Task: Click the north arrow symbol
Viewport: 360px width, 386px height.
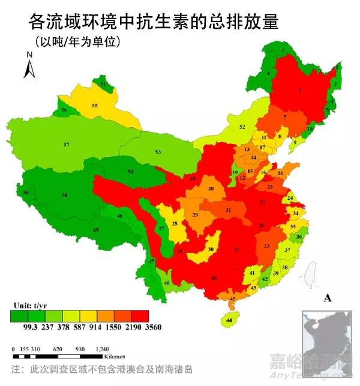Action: coord(28,65)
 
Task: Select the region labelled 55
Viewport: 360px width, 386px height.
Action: coord(94,105)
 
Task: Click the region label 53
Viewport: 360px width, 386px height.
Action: coord(158,152)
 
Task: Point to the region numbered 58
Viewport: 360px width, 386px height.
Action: coord(64,195)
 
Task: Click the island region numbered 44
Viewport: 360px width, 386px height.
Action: coord(230,320)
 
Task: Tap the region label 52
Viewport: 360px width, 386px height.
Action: coord(242,127)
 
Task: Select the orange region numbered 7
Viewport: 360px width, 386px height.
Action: coord(284,117)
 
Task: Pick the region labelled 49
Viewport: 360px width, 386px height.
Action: coord(95,230)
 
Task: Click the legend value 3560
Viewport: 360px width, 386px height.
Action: coord(153,327)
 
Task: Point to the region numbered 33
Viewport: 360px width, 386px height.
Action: coord(266,246)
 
